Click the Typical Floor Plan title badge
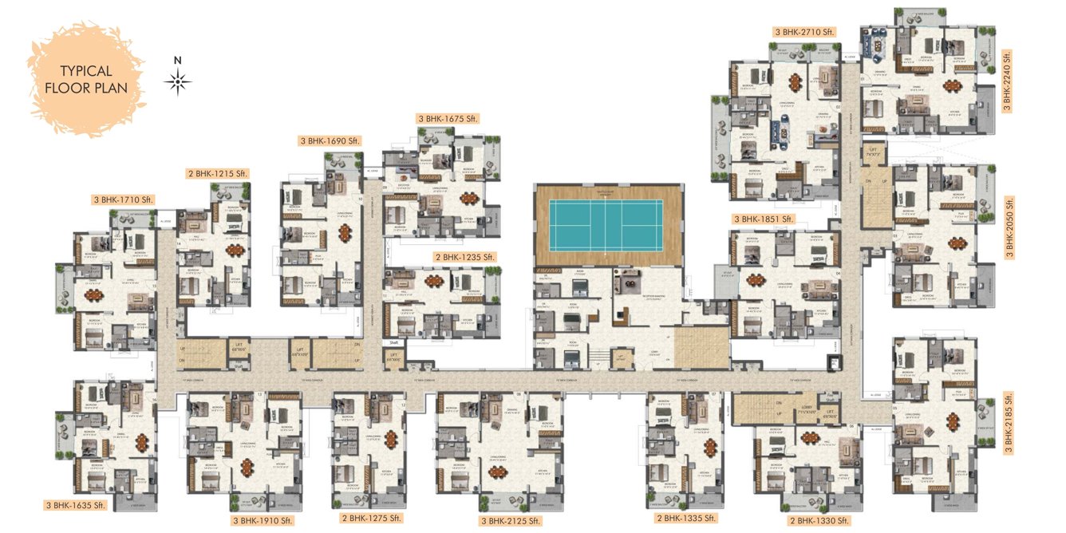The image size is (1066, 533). [x=85, y=79]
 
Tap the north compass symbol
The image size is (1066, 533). [x=178, y=81]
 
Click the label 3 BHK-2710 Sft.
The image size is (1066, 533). [x=803, y=32]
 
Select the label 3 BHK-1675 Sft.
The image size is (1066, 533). [x=447, y=119]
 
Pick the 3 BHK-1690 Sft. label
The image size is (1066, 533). [x=330, y=140]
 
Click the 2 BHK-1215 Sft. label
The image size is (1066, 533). [x=218, y=173]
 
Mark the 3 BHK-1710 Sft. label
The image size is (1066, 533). [x=123, y=199]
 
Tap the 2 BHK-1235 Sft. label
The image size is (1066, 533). [x=465, y=257]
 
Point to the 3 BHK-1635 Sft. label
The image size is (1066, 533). [x=76, y=505]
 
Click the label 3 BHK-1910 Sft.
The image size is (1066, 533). [x=263, y=521]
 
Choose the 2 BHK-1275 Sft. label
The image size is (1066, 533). [x=373, y=520]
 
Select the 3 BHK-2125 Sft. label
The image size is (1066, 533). [x=511, y=521]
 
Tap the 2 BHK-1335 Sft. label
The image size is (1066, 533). [x=685, y=519]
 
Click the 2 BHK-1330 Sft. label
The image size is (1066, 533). [x=819, y=521]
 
